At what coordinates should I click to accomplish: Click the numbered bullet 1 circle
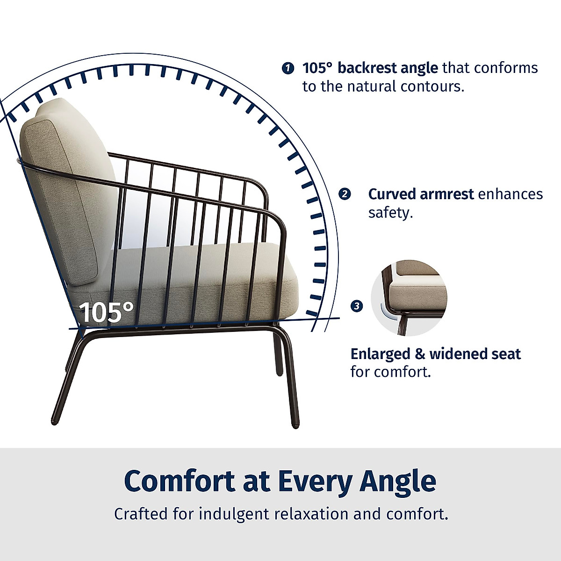point(288,68)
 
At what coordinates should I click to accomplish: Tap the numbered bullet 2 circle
point(345,194)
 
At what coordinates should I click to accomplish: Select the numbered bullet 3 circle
point(357,306)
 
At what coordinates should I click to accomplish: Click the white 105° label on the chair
point(107,312)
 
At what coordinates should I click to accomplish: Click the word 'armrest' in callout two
point(447,194)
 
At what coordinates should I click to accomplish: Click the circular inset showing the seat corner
point(409,298)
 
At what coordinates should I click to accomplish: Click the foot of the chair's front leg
point(295,424)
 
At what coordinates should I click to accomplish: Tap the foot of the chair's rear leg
point(54,421)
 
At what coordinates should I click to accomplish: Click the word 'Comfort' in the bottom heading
point(180,481)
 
